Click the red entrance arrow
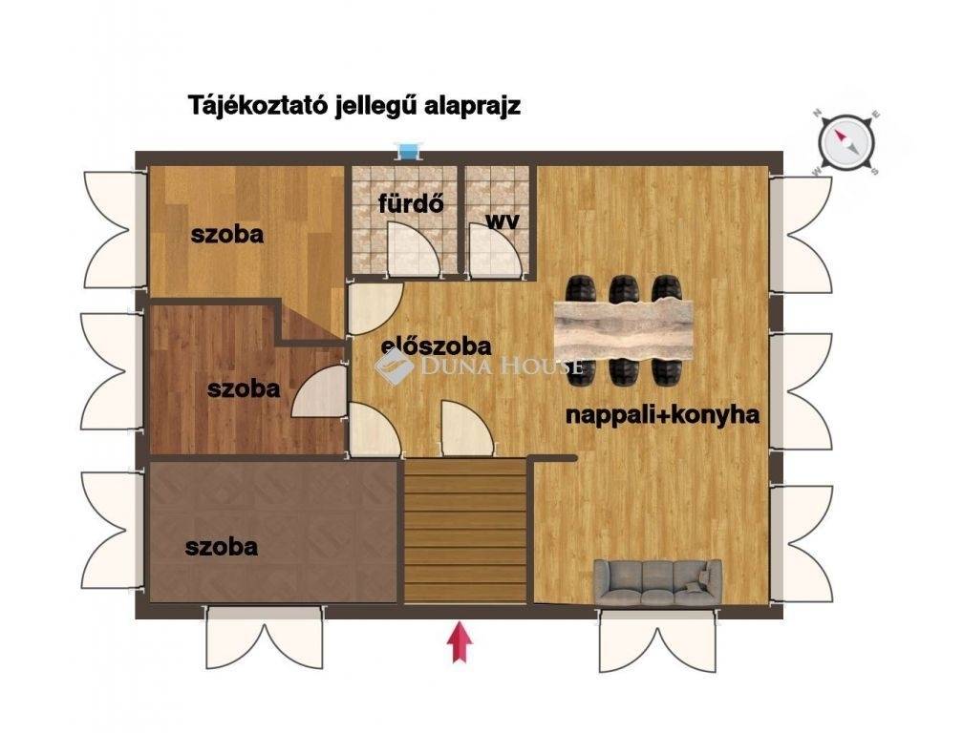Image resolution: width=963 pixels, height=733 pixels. (x=460, y=642)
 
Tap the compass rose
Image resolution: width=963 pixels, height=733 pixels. (x=845, y=142)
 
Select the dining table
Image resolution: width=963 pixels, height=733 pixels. (x=623, y=330)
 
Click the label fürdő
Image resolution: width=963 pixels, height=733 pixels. (x=411, y=203)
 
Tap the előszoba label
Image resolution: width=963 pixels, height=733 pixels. (x=436, y=346)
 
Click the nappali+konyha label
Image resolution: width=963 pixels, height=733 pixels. (x=662, y=415)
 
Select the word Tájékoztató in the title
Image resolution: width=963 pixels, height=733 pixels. (x=257, y=106)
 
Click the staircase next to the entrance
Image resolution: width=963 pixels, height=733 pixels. (x=465, y=532)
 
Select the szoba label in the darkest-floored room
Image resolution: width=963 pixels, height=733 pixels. (x=244, y=388)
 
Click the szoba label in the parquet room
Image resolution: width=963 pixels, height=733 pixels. (x=221, y=547)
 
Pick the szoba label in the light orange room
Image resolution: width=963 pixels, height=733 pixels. (x=227, y=234)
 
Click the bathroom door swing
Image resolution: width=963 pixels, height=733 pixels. (x=414, y=248)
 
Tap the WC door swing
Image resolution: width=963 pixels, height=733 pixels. (x=495, y=248)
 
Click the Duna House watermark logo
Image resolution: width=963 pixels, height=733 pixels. (x=395, y=366)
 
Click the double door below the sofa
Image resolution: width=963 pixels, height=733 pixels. (x=657, y=642)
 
